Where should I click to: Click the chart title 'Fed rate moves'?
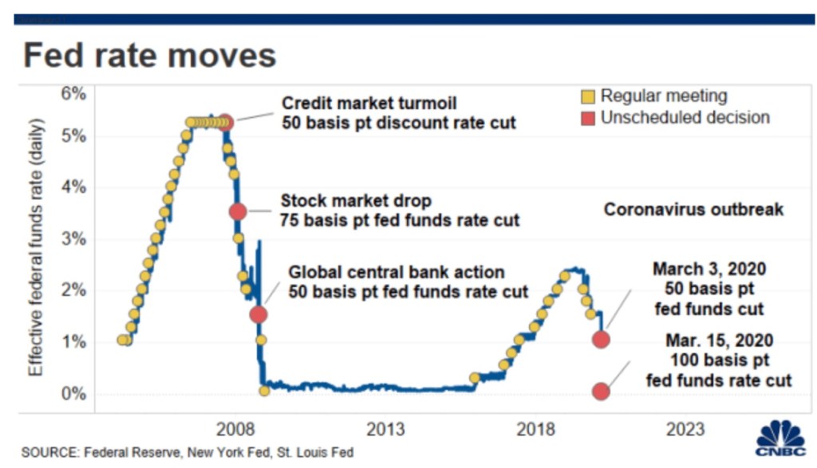point(149,56)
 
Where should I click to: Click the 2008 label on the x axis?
point(237,430)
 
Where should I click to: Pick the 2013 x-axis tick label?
point(387,430)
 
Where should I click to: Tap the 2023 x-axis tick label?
point(685,430)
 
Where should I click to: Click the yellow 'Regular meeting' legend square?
point(589,97)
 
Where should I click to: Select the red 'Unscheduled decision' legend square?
point(589,118)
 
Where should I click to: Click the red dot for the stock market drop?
point(238,211)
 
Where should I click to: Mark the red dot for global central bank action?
point(258,314)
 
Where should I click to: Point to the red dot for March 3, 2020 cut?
point(601,340)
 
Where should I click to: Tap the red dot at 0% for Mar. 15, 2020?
point(601,391)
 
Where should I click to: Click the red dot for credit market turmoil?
point(226,122)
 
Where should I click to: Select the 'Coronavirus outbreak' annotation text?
point(693,210)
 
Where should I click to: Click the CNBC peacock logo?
point(780,438)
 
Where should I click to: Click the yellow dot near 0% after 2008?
point(264,391)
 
